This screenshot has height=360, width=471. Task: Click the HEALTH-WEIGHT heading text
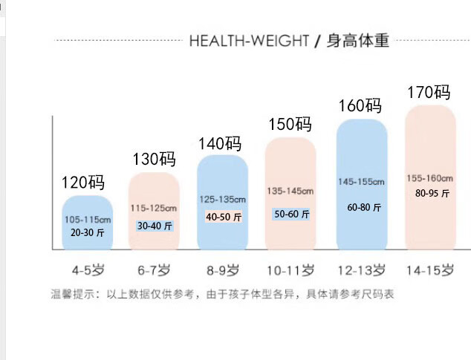coord(249,40)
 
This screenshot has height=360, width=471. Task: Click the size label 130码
coord(155,159)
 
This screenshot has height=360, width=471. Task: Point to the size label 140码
coord(220,143)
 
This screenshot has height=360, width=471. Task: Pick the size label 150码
coord(290,124)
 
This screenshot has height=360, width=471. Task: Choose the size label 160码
coord(360,105)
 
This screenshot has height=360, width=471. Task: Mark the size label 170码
coord(429,93)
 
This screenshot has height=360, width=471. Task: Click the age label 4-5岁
coord(87,269)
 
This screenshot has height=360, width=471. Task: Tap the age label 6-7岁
coord(155,269)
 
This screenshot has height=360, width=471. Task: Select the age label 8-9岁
coord(222,269)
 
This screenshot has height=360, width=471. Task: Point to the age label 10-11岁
coord(290,269)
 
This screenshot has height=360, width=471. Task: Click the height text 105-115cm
coord(88,220)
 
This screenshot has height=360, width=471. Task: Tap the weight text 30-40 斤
coord(155,226)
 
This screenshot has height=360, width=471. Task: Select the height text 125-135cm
coord(222,200)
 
